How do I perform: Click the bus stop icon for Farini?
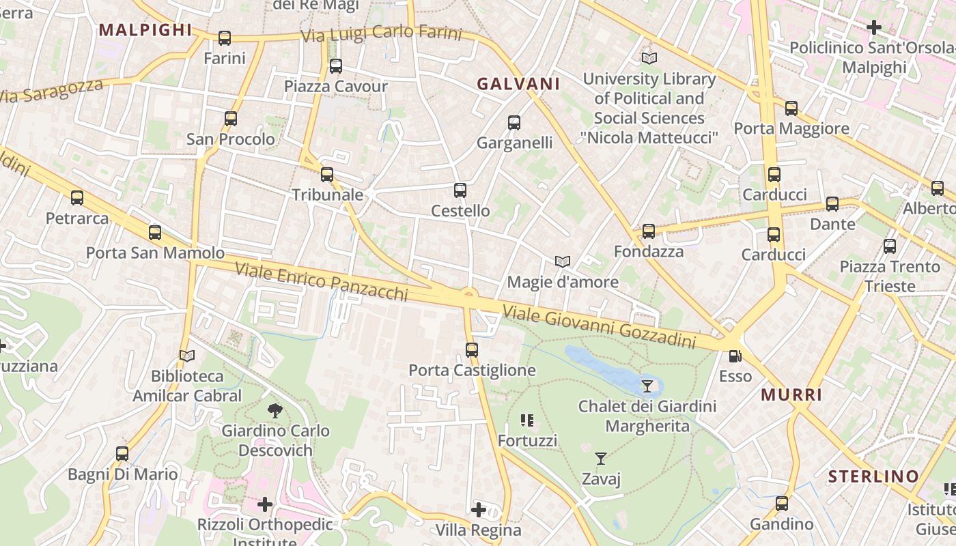click(x=225, y=38)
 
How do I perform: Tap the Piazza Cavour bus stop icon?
click(x=335, y=66)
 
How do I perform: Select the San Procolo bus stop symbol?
click(x=231, y=119)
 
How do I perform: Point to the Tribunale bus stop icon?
click(x=327, y=175)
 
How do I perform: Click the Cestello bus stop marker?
click(x=460, y=190)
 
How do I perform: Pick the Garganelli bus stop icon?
click(x=514, y=123)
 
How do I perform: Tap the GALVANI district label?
click(x=518, y=84)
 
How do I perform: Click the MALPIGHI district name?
click(x=145, y=30)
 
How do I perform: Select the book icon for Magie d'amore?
click(x=563, y=262)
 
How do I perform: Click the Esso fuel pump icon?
click(x=735, y=356)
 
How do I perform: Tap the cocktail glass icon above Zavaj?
click(x=601, y=459)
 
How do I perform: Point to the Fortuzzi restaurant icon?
click(x=527, y=420)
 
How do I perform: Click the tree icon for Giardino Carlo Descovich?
click(x=275, y=410)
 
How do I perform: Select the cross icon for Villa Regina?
click(x=479, y=510)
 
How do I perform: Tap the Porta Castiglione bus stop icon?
click(x=472, y=350)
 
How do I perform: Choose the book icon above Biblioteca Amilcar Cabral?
click(x=186, y=356)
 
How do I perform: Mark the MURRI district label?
click(x=791, y=394)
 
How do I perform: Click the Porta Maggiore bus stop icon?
click(x=791, y=108)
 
